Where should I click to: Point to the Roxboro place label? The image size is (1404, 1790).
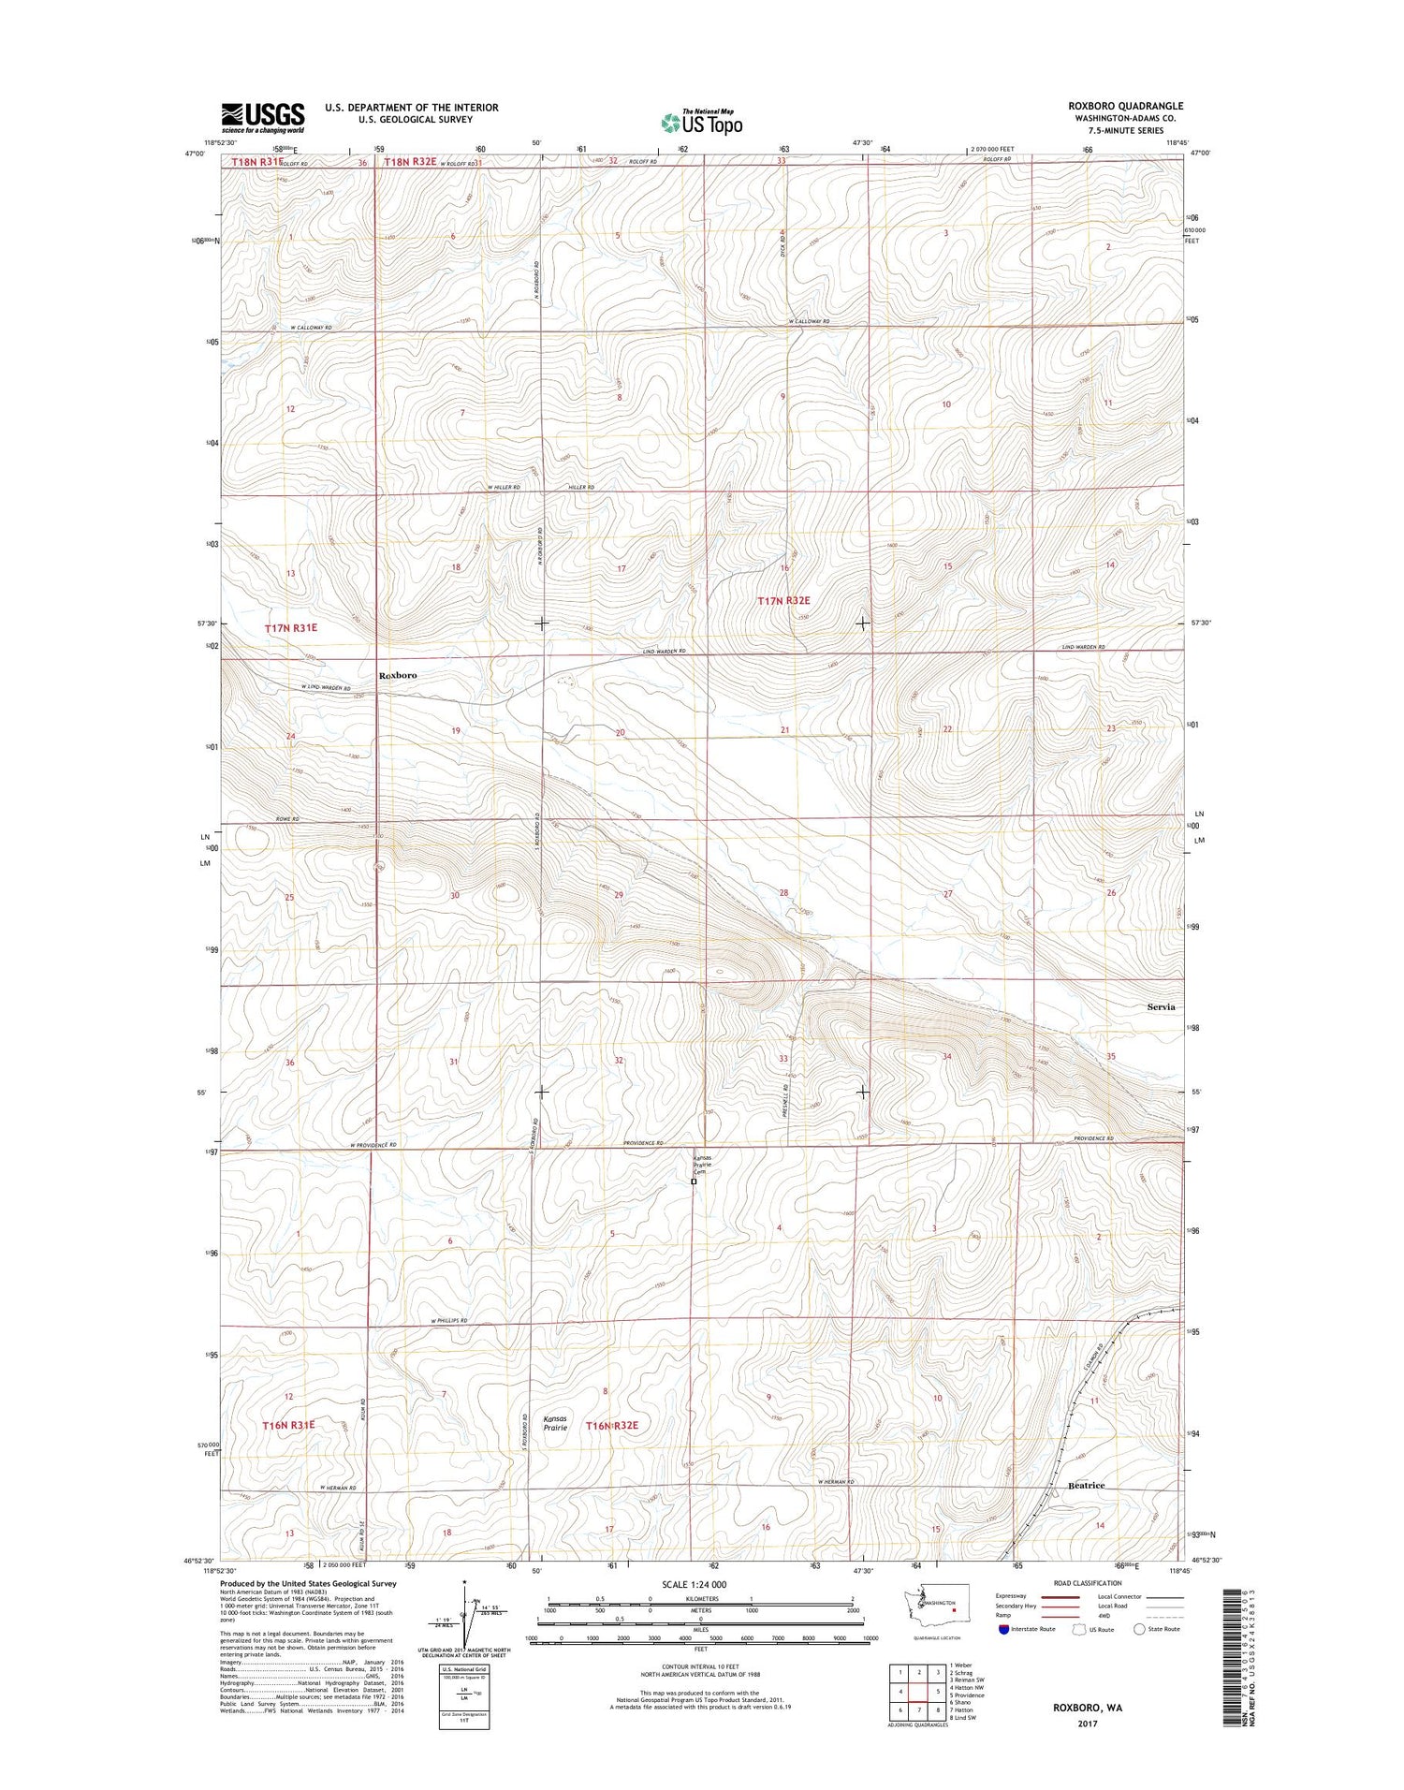click(x=398, y=675)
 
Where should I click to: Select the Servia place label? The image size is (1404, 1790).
click(x=1161, y=1007)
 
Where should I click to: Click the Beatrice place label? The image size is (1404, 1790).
click(x=1086, y=1486)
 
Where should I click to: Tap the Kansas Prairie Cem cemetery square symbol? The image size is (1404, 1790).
click(x=694, y=1182)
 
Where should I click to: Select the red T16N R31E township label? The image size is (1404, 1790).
click(x=288, y=1425)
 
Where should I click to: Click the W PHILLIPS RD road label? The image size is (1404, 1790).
click(x=449, y=1321)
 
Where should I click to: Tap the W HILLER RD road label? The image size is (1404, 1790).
click(x=503, y=488)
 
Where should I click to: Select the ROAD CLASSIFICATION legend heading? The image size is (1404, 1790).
click(x=1090, y=1584)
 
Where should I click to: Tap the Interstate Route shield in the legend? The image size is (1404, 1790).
click(x=1003, y=1629)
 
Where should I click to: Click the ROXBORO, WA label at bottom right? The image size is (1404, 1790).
click(x=1087, y=1707)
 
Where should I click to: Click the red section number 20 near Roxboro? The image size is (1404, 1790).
click(x=620, y=732)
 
